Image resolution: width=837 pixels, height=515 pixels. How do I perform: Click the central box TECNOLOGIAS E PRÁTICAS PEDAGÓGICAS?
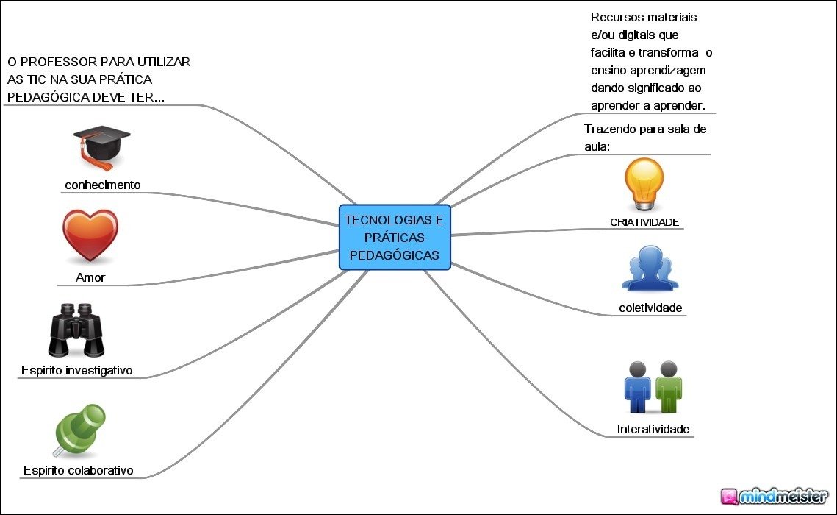point(395,237)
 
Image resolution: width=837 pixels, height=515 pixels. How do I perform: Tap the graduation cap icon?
point(101,146)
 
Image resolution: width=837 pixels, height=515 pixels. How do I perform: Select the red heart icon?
point(90,235)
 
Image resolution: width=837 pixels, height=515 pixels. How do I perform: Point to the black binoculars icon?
point(76,330)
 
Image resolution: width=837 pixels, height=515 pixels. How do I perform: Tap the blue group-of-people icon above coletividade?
point(650,269)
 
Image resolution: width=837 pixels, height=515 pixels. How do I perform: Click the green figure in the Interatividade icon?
point(668,387)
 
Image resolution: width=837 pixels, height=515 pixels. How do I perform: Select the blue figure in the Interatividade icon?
point(637,387)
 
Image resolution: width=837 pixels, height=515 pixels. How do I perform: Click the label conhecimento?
point(102,185)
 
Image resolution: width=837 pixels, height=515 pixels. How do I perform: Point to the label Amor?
point(90,277)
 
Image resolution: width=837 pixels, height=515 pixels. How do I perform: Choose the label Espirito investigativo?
point(76,370)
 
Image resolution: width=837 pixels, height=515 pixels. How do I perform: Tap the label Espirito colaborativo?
point(78,470)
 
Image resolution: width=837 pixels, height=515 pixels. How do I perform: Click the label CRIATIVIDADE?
point(644,221)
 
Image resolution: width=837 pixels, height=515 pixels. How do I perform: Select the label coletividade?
point(650,308)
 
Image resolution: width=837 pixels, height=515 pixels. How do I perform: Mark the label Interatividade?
point(653,429)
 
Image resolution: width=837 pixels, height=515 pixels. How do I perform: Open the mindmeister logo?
point(775,496)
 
